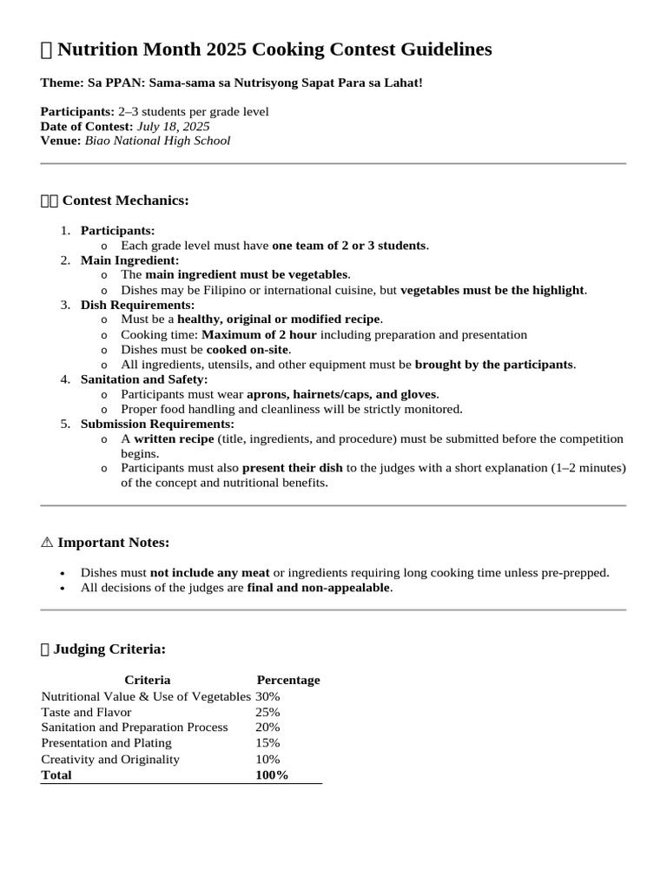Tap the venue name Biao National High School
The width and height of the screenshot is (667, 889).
pos(157,141)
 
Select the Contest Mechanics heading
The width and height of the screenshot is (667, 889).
pos(125,201)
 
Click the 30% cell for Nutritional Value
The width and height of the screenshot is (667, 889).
pos(267,696)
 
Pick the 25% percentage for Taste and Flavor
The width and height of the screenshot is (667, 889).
pos(267,712)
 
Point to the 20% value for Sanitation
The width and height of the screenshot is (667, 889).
pos(267,728)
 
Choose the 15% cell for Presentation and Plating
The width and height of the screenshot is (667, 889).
pos(267,743)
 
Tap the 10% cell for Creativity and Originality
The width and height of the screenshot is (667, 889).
pos(267,759)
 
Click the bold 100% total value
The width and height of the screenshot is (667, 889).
pos(272,775)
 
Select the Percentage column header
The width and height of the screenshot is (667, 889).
pos(288,680)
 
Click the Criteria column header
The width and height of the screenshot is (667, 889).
pos(148,680)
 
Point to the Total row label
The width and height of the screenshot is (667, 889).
pos(56,775)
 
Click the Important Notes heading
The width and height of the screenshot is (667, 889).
pos(113,543)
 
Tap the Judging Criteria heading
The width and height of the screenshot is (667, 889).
pos(109,649)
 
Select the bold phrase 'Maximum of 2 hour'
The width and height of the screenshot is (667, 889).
pos(259,334)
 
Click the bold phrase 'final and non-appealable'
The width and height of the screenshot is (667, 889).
pos(319,588)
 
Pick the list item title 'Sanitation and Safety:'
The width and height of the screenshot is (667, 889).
pos(144,379)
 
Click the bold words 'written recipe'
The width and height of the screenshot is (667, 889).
pos(174,439)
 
